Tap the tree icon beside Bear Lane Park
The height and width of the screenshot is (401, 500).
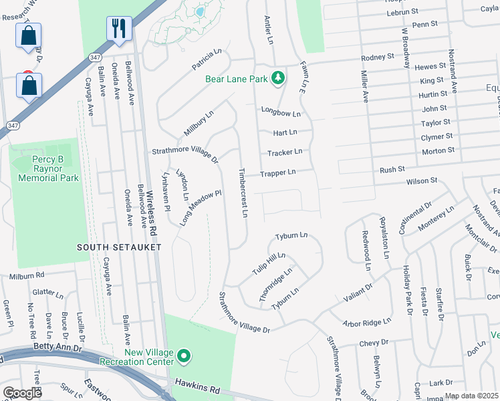[277, 78]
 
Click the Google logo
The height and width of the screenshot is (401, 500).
[22, 393]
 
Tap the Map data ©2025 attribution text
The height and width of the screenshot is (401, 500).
[471, 396]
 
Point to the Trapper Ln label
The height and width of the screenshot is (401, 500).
[277, 173]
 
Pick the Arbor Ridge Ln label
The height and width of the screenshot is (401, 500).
[366, 322]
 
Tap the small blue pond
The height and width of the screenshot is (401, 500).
[199, 12]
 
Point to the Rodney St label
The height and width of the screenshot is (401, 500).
[378, 57]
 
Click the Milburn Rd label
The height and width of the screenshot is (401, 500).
[27, 275]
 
